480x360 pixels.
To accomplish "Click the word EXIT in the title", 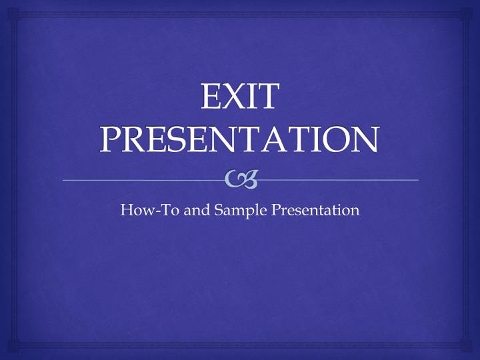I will click(239, 97).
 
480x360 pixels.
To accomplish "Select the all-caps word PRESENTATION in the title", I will click(239, 139).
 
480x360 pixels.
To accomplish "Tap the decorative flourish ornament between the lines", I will click(241, 178).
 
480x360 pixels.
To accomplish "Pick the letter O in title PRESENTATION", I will click(337, 139).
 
